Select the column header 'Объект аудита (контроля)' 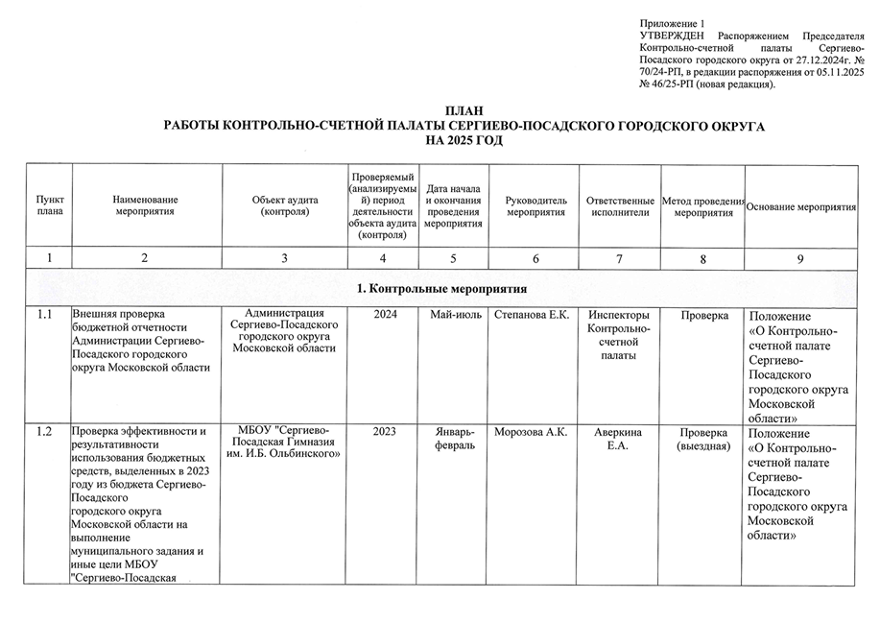(285, 204)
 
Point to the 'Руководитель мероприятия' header (535, 204)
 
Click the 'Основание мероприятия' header (801, 206)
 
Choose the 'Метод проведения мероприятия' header (702, 205)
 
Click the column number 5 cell (452, 258)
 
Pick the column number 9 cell (800, 258)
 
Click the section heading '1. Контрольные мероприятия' (441, 289)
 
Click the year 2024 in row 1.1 (385, 315)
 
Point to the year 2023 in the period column (385, 432)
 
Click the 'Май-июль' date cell (453, 315)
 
